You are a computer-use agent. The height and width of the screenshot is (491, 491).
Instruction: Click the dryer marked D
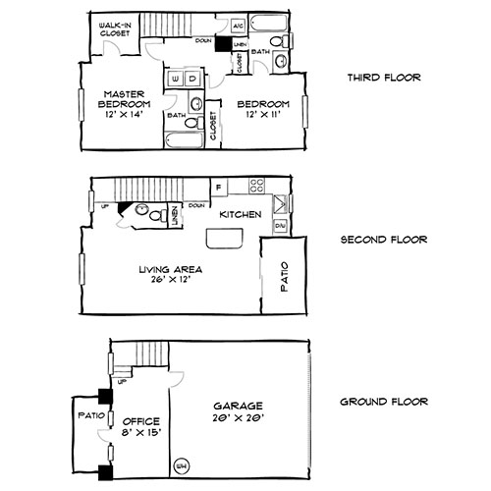tap(192, 78)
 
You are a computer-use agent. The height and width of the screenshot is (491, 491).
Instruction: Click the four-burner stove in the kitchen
tap(258, 184)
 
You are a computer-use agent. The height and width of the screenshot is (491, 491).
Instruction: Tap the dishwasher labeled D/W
tap(279, 226)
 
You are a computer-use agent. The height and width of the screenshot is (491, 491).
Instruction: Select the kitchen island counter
tap(222, 242)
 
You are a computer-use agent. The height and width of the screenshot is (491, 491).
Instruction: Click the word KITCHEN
tap(239, 214)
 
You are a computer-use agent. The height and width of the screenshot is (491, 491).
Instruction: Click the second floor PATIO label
tap(285, 279)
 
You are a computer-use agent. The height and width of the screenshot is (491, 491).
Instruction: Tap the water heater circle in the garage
tap(181, 464)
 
